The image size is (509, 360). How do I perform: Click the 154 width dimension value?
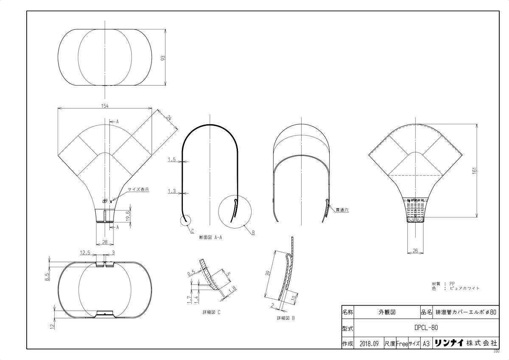[x=104, y=106]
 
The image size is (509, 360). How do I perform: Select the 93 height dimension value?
[x=163, y=58]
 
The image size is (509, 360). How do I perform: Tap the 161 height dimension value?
[x=474, y=170]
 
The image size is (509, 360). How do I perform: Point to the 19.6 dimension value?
[x=128, y=216]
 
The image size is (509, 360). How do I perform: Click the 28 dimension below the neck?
[x=104, y=242]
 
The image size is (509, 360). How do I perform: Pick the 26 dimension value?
[x=415, y=251]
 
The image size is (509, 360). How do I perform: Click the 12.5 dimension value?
[x=85, y=252]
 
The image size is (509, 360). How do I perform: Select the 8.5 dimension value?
[x=47, y=277]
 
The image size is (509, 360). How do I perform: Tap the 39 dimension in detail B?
[x=268, y=273]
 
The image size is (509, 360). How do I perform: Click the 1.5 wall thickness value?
[x=172, y=159]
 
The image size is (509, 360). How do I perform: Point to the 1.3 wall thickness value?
[x=172, y=191]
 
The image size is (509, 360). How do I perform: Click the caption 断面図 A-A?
[x=210, y=237]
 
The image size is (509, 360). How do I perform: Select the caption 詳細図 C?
[x=211, y=313]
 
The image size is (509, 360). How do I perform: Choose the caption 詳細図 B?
[x=285, y=318]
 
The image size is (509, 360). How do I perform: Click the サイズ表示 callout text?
[x=138, y=189]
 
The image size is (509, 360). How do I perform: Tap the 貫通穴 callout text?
[x=342, y=210]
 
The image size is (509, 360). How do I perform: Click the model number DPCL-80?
[x=426, y=327]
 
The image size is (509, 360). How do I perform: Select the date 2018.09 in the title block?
[x=369, y=344]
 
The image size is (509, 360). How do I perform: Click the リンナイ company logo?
[x=449, y=343]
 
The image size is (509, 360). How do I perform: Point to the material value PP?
[x=452, y=284]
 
